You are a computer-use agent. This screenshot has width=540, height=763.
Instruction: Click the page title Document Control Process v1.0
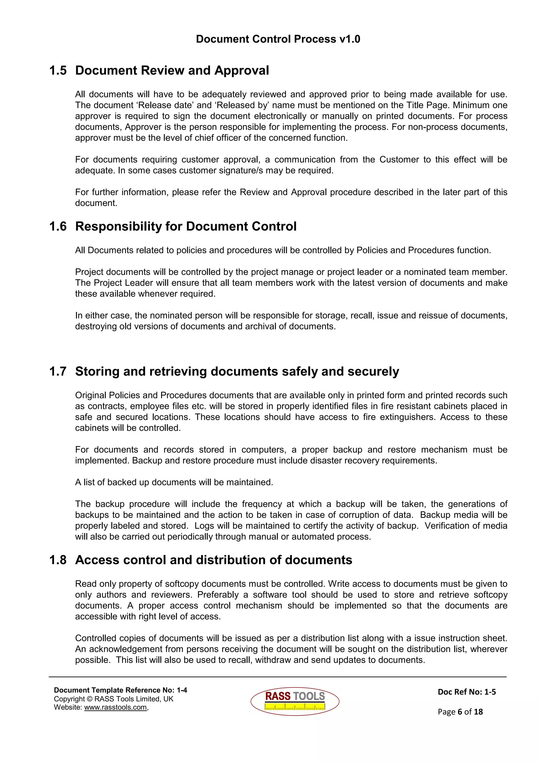click(x=278, y=39)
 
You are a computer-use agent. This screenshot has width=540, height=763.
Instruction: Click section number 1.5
click(x=58, y=71)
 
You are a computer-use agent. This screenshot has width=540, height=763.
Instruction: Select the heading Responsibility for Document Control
click(x=186, y=226)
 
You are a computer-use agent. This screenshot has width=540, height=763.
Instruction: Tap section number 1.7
click(x=58, y=371)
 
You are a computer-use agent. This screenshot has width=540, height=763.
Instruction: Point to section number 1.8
click(x=58, y=560)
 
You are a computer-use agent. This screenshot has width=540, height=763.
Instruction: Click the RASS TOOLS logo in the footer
click(x=295, y=701)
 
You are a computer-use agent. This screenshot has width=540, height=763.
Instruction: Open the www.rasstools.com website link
click(x=115, y=707)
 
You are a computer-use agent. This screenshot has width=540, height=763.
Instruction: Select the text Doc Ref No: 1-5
click(x=466, y=692)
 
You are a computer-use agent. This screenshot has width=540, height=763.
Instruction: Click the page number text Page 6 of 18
click(x=460, y=711)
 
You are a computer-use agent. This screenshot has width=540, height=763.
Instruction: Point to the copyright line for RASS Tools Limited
click(x=113, y=699)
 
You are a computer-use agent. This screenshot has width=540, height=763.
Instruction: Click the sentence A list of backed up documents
click(x=174, y=482)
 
